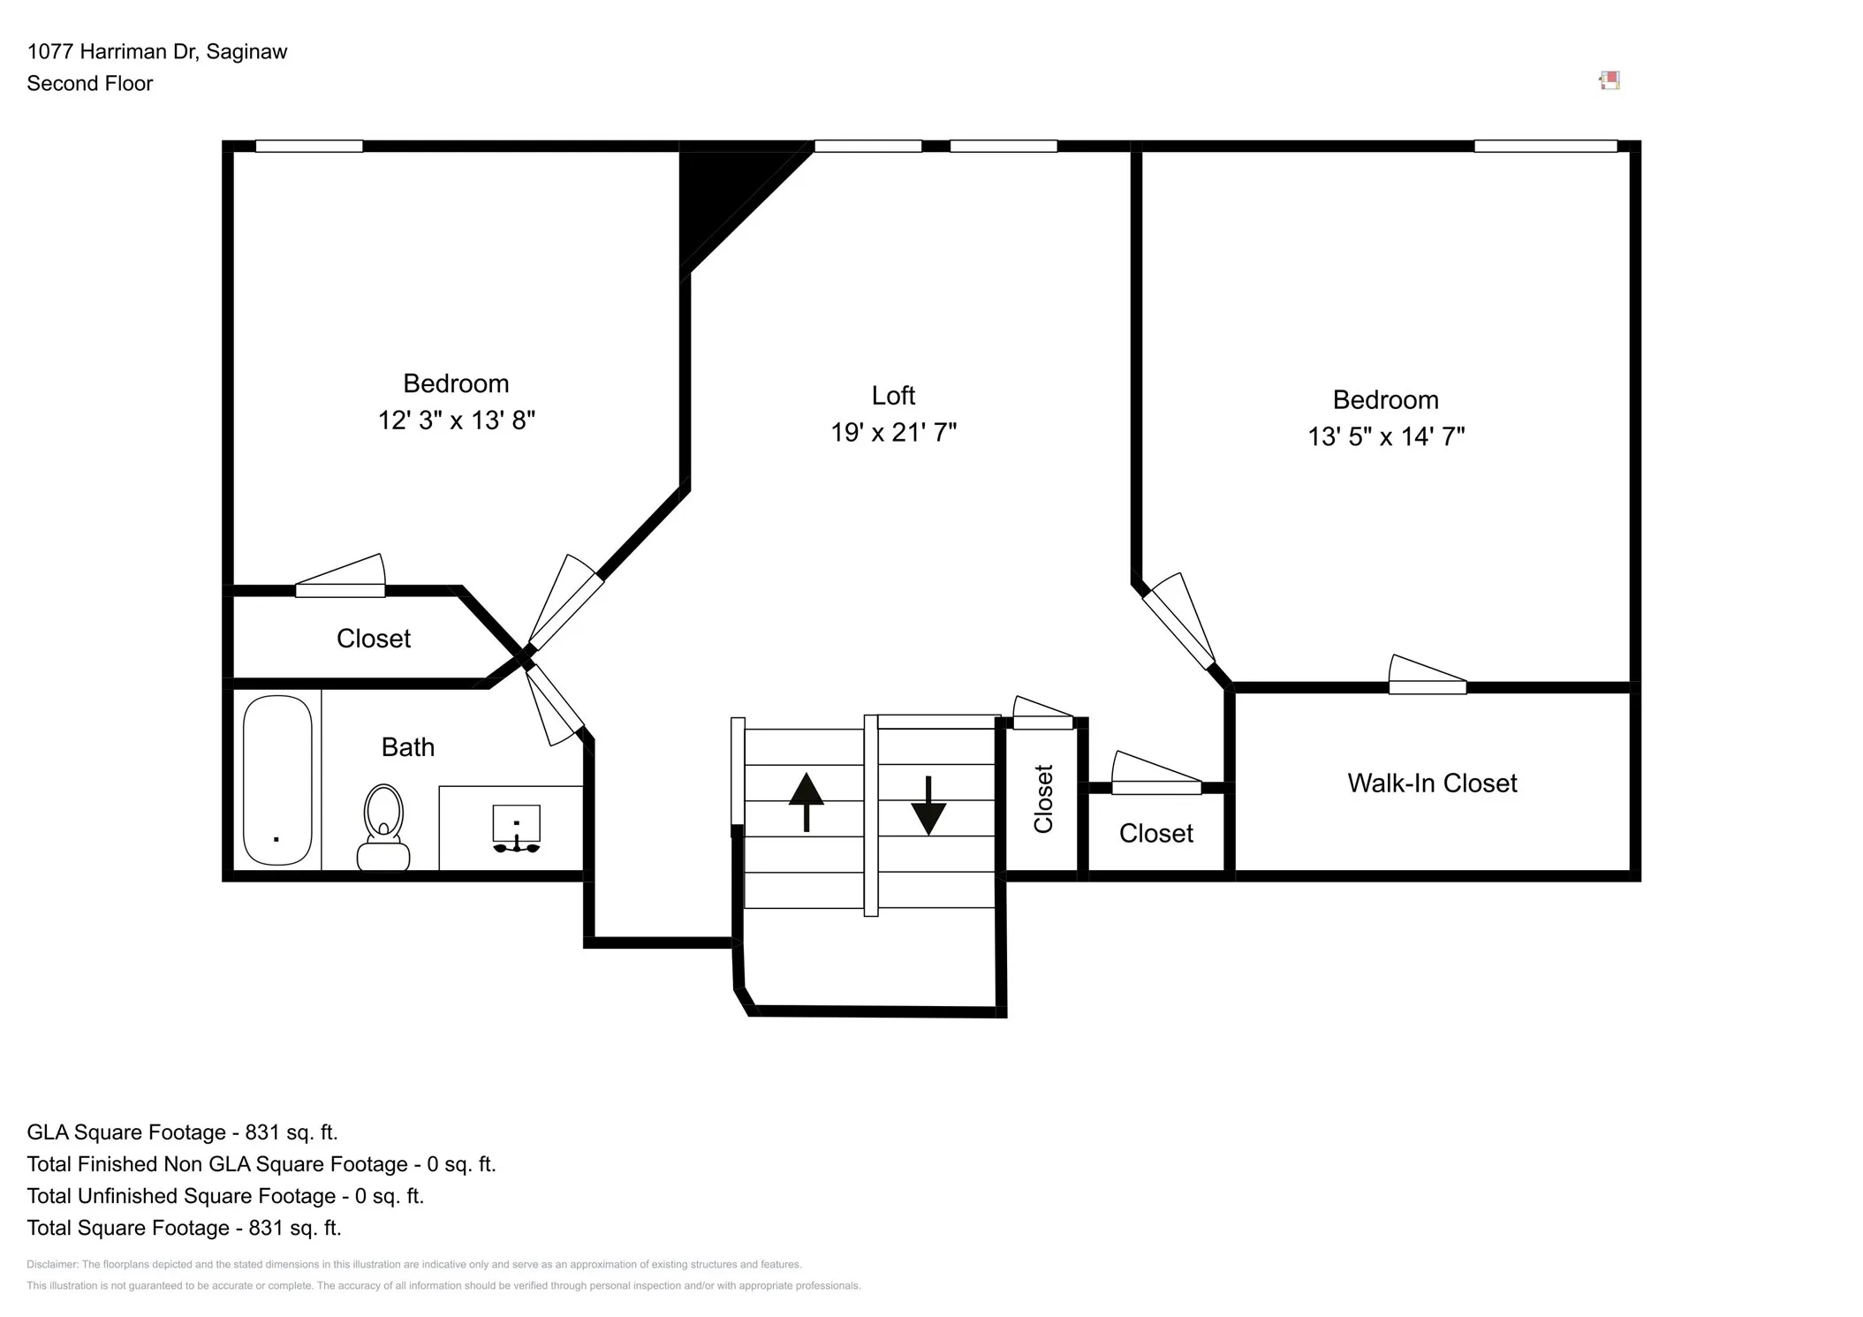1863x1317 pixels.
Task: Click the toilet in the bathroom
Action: [383, 829]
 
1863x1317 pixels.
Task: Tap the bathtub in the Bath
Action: [277, 780]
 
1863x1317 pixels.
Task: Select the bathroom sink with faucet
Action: [516, 829]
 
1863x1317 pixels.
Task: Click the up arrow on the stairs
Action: [806, 801]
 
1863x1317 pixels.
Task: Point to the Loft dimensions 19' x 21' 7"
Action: [893, 433]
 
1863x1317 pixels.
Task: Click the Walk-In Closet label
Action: [1431, 783]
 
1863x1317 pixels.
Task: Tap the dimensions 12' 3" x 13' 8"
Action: [457, 420]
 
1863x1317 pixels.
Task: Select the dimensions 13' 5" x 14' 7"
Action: [1385, 436]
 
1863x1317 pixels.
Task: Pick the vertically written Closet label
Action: [1043, 799]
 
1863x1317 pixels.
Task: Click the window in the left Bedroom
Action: [309, 147]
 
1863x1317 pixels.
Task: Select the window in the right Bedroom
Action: [1544, 147]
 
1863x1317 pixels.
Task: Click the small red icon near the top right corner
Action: [1609, 81]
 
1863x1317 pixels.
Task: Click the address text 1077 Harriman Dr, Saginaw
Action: [157, 52]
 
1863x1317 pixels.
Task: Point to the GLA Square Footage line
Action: [182, 1132]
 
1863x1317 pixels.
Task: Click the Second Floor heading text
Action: [90, 84]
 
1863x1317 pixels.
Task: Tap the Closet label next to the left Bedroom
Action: [373, 639]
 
